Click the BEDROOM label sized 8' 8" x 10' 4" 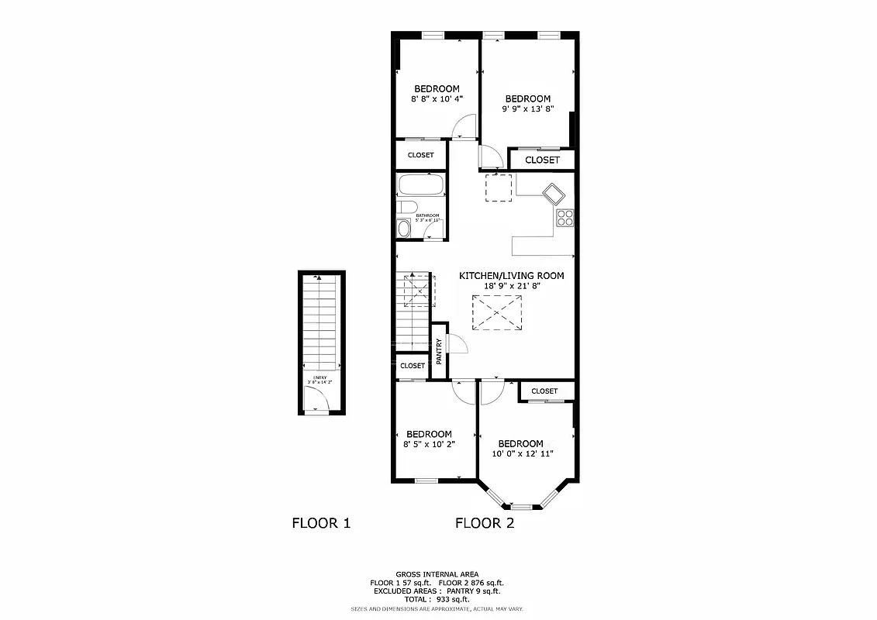pyautogui.click(x=436, y=88)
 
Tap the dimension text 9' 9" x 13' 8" pyautogui.click(x=527, y=109)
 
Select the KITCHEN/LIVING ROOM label pyautogui.click(x=511, y=275)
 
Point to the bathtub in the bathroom pyautogui.click(x=420, y=185)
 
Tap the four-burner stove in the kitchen pyautogui.click(x=565, y=218)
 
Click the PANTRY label pyautogui.click(x=439, y=351)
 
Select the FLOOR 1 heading pyautogui.click(x=321, y=523)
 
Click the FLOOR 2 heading pyautogui.click(x=484, y=523)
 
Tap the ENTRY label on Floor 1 pyautogui.click(x=319, y=378)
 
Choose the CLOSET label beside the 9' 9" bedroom pyautogui.click(x=542, y=160)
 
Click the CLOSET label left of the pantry pyautogui.click(x=413, y=366)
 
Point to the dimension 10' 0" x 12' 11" pyautogui.click(x=522, y=454)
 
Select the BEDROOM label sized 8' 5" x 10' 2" pyautogui.click(x=429, y=434)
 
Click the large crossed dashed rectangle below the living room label pyautogui.click(x=497, y=312)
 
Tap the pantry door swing pyautogui.click(x=457, y=343)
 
